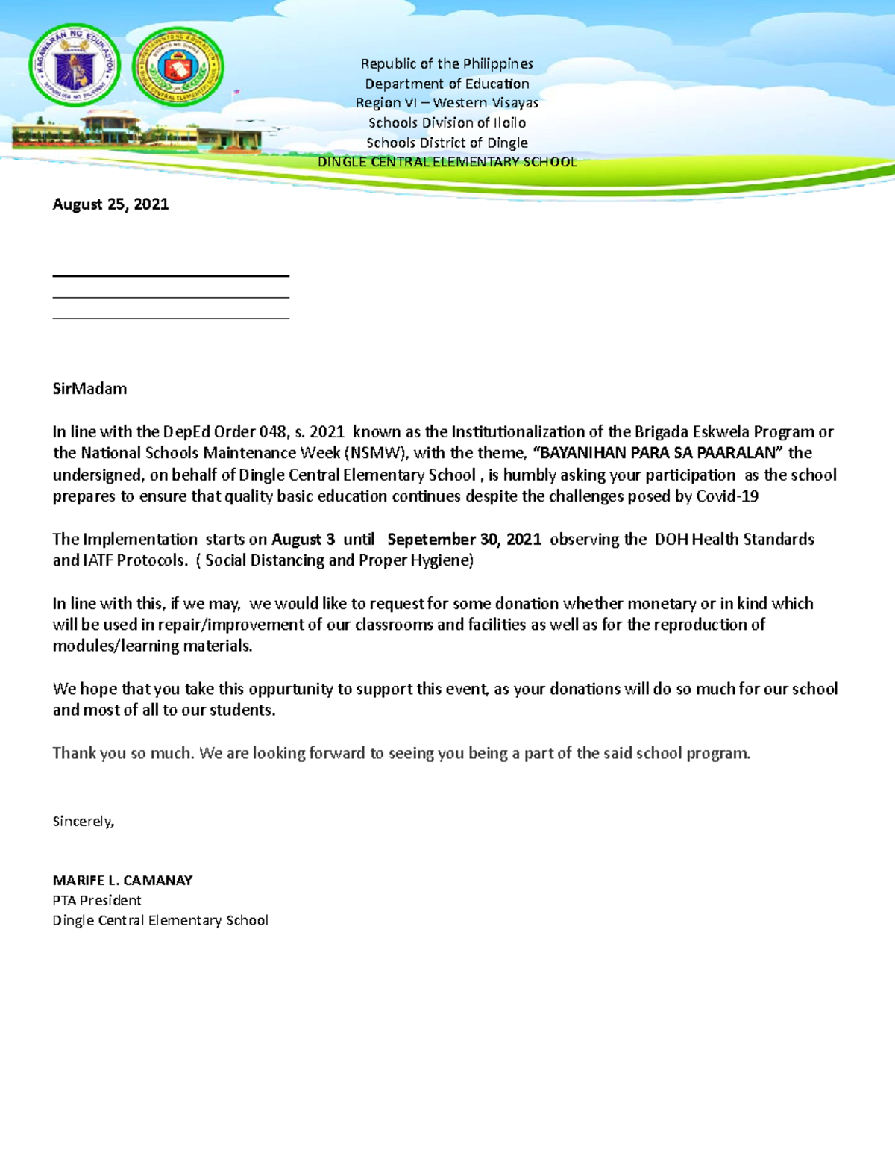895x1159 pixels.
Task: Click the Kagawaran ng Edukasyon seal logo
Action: click(75, 66)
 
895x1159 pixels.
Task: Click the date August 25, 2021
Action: click(110, 204)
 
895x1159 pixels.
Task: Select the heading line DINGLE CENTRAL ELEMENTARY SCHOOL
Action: click(447, 162)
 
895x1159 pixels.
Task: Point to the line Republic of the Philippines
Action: click(447, 64)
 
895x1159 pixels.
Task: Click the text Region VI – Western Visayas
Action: click(447, 103)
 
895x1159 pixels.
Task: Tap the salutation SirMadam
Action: click(89, 389)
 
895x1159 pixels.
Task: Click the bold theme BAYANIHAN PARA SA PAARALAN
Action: click(659, 453)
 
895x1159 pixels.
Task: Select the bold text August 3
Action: click(303, 540)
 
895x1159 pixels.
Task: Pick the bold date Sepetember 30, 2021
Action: click(464, 540)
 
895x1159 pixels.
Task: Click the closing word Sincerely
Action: click(83, 822)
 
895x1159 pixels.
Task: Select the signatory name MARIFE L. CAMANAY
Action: click(122, 881)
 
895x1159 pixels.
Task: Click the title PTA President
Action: click(97, 901)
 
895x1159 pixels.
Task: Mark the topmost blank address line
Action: click(171, 276)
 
